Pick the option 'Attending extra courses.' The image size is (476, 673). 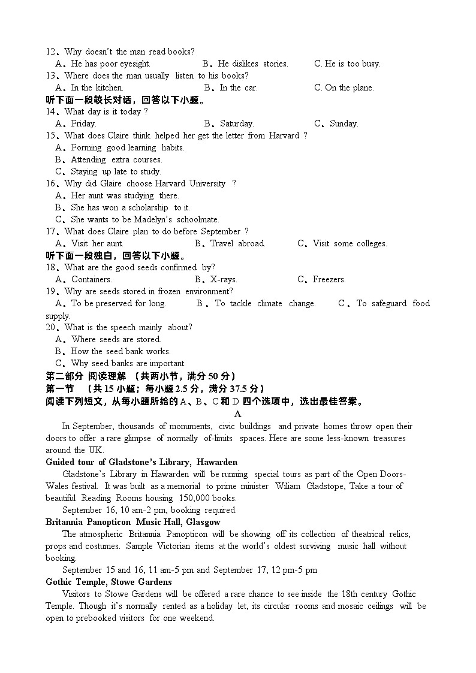coord(116,159)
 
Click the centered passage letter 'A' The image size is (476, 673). coord(237,414)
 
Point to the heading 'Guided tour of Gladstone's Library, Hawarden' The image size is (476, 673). coord(141,462)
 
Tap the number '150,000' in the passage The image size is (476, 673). coord(191,498)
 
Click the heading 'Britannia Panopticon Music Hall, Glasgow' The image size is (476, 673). coord(132,522)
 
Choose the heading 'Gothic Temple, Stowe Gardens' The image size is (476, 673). coord(109,582)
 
